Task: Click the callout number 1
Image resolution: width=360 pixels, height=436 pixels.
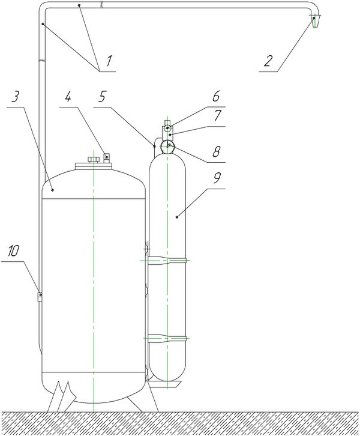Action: (x=109, y=61)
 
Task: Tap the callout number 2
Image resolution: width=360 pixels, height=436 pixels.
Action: (x=267, y=61)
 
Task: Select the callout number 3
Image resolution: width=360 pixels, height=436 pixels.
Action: (x=15, y=97)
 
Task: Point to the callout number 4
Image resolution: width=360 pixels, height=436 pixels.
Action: (x=68, y=97)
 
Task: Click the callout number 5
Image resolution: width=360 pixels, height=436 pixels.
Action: (x=102, y=97)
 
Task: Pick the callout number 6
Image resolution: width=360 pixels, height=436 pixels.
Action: (x=216, y=96)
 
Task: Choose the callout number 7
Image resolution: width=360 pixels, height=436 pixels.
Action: (x=217, y=115)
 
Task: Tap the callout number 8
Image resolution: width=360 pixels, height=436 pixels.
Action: (x=217, y=151)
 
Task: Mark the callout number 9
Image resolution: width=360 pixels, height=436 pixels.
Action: (x=217, y=178)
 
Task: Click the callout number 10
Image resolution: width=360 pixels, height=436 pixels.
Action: (x=13, y=251)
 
